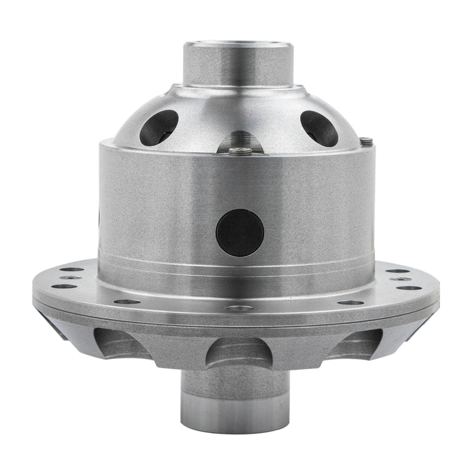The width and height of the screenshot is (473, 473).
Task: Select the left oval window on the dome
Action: click(x=158, y=127)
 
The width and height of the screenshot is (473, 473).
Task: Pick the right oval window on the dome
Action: click(x=319, y=128)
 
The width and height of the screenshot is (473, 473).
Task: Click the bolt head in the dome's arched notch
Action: click(x=239, y=150)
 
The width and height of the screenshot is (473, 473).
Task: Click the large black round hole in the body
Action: click(x=239, y=232)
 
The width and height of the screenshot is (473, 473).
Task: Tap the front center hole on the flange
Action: click(x=239, y=308)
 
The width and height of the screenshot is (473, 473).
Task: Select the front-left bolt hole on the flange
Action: click(x=127, y=302)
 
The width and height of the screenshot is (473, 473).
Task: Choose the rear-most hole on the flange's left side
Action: click(x=72, y=270)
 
